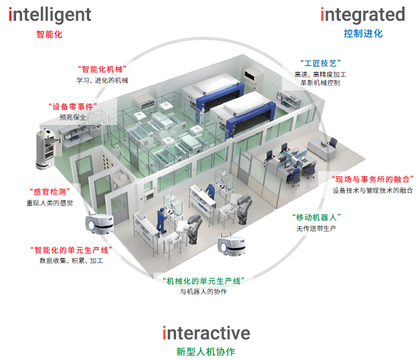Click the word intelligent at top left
click(x=50, y=15)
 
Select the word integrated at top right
click(x=363, y=15)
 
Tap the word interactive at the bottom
click(x=206, y=333)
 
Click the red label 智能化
click(x=49, y=35)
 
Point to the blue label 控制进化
click(x=363, y=33)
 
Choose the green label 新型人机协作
click(x=206, y=352)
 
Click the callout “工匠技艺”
click(x=321, y=63)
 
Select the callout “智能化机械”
click(x=102, y=69)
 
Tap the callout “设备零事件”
click(x=73, y=107)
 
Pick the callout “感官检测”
click(x=49, y=192)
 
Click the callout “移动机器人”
click(x=316, y=217)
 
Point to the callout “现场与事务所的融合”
click(x=372, y=179)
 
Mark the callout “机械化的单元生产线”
click(x=203, y=281)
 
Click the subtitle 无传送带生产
click(x=316, y=228)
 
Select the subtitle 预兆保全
click(x=73, y=117)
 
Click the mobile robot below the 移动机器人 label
click(x=231, y=245)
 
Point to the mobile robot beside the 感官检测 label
click(x=99, y=224)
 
